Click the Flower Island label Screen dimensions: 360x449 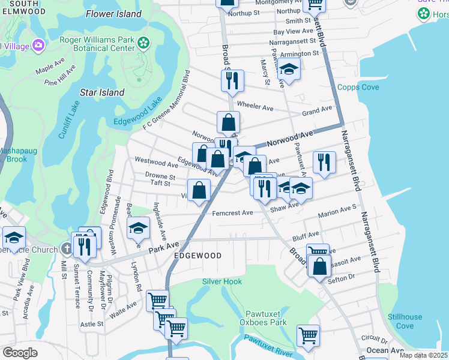click(x=113, y=14)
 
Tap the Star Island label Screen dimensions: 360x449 click(x=102, y=92)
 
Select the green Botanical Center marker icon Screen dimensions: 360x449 click(x=143, y=42)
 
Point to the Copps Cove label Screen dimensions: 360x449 click(x=358, y=87)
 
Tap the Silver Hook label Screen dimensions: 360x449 click(x=222, y=281)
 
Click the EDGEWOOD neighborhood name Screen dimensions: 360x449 click(x=197, y=256)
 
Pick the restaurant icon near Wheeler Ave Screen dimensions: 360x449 click(x=233, y=80)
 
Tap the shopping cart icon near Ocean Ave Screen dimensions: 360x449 click(x=308, y=335)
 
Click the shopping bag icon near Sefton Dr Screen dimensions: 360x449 click(x=320, y=265)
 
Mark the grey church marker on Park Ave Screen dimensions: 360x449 click(x=67, y=249)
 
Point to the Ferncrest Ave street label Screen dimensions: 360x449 click(x=232, y=213)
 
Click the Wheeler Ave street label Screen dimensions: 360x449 click(x=255, y=106)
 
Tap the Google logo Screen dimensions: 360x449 click(x=20, y=353)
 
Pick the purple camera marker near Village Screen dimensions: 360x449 click(x=40, y=45)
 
